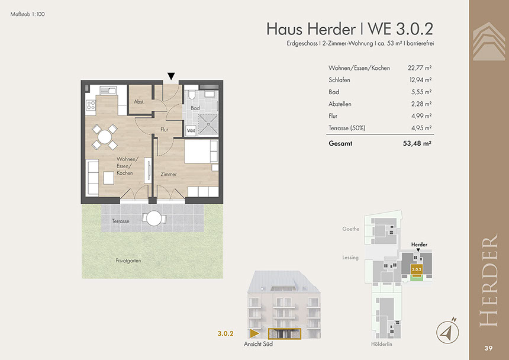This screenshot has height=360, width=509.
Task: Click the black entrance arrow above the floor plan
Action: coord(171,76)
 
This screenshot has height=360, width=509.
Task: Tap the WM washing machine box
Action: coord(191,130)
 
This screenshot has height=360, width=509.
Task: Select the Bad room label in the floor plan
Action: coord(195,108)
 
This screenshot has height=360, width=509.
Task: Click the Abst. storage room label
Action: coord(139,102)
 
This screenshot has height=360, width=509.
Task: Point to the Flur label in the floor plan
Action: coord(165,130)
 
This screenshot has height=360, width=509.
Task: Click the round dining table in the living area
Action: coord(105,137)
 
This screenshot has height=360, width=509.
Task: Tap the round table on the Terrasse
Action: coord(154,218)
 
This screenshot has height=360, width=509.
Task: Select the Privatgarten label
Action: coord(128,261)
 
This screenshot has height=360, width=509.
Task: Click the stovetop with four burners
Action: coord(91,105)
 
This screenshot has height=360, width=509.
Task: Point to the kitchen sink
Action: coord(108,90)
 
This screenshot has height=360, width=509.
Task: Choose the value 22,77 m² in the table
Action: coord(420,68)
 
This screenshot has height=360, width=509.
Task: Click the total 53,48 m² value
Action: coord(417,143)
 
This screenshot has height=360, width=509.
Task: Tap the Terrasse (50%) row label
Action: coord(347,128)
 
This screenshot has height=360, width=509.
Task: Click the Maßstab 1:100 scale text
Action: coord(28,14)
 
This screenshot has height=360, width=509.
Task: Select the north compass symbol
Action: coord(447,331)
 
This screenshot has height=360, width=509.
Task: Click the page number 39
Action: coord(488,348)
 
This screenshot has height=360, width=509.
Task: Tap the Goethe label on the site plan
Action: coord(350,229)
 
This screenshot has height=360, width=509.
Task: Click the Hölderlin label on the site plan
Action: coord(381,344)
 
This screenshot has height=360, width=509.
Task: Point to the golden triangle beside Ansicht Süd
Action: coord(254,333)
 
